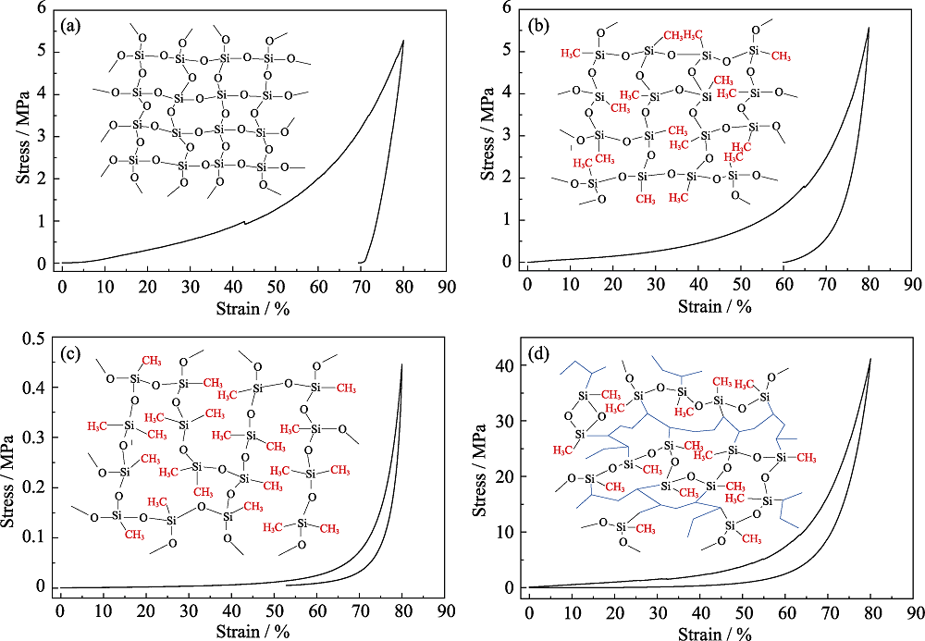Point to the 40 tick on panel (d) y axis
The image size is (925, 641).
(508, 366)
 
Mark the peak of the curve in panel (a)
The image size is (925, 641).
(403, 40)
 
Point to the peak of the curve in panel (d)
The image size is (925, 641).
(870, 359)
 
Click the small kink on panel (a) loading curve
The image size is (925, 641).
(244, 221)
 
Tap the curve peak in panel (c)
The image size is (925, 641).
(402, 364)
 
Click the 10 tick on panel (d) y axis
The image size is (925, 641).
(508, 532)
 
